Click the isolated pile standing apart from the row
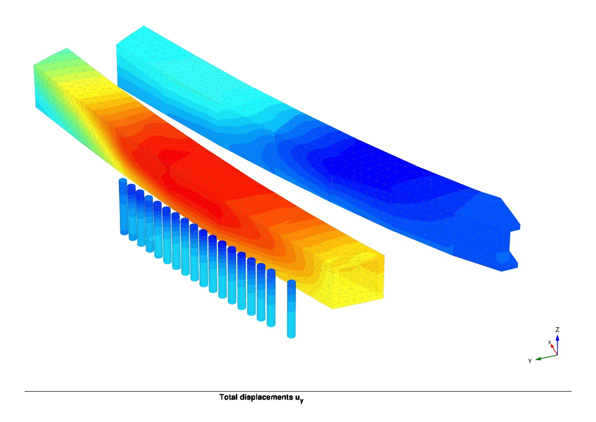[291, 308]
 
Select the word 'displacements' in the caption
[267, 398]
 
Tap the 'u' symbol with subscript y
[299, 399]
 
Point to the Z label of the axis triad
[557, 329]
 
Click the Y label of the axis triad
[530, 361]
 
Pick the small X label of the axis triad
[549, 343]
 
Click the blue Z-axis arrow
[557, 344]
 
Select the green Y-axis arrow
[546, 357]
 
